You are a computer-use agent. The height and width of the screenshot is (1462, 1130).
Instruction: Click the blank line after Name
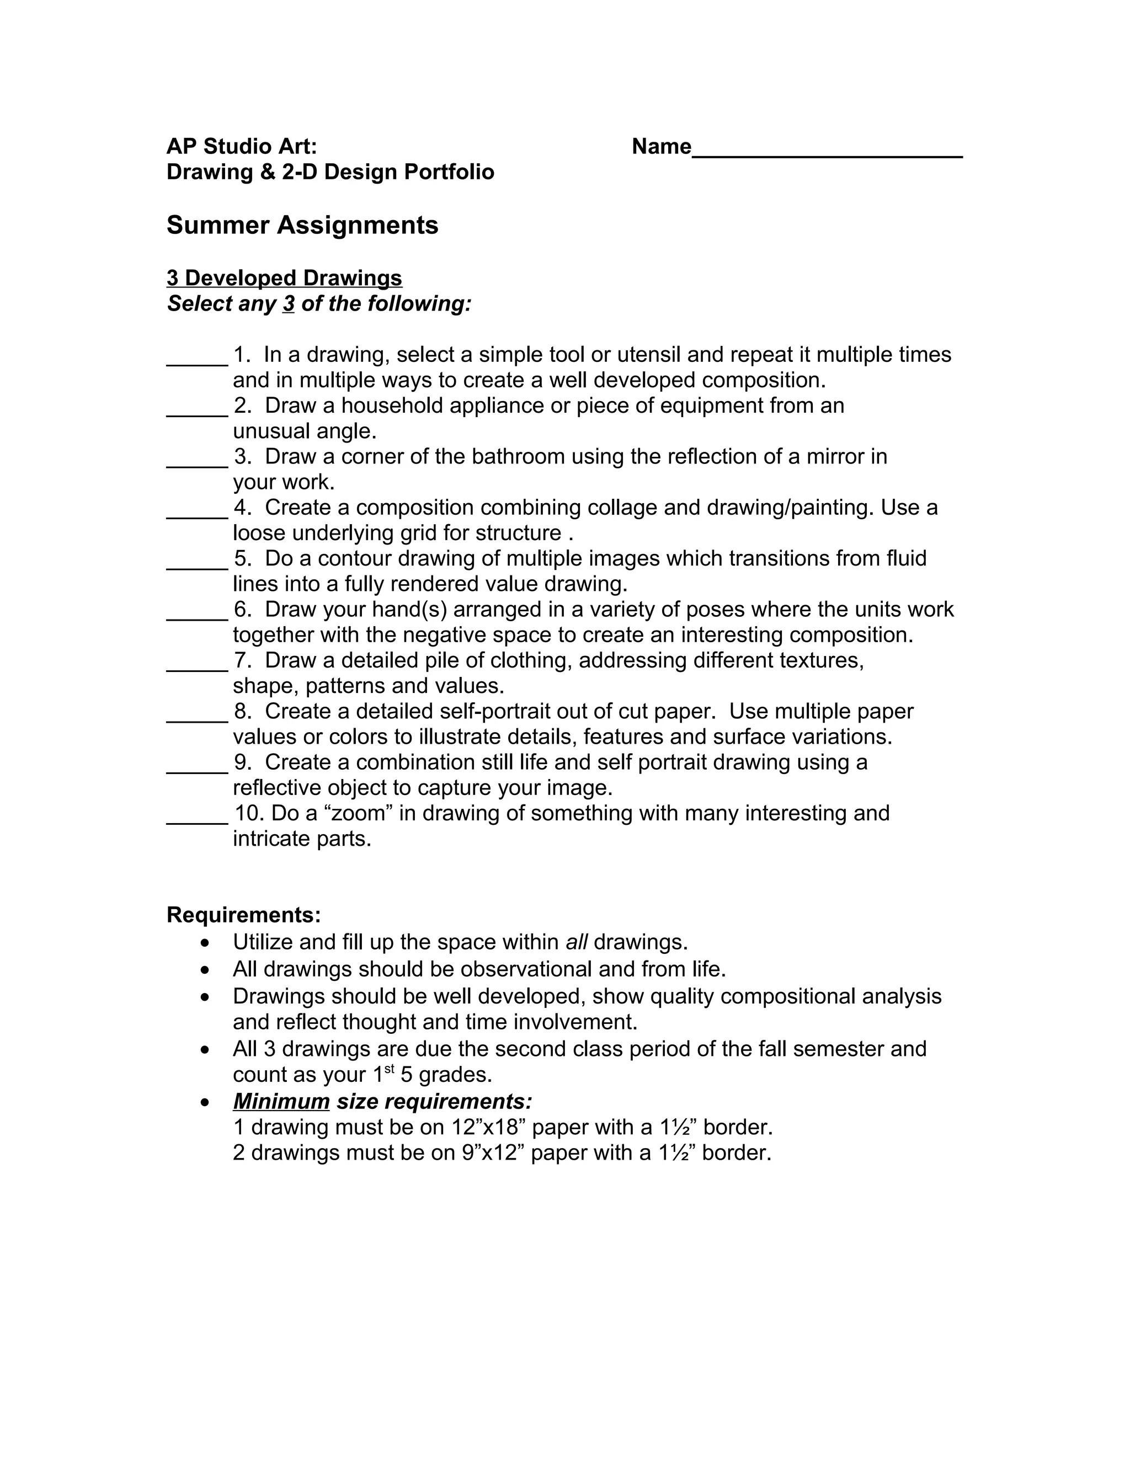(x=827, y=153)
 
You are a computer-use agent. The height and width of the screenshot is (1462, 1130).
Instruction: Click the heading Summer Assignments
(x=302, y=225)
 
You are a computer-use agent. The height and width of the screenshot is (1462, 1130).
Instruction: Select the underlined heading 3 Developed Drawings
(x=285, y=278)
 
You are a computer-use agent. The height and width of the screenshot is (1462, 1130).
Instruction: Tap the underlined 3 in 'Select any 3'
(x=289, y=304)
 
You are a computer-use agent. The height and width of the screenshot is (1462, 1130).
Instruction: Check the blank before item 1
(x=197, y=361)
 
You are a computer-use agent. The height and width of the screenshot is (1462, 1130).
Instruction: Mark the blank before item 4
(x=197, y=514)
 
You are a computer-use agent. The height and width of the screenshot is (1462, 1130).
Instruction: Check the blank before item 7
(x=197, y=667)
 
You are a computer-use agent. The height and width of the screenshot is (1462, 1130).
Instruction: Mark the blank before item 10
(x=197, y=819)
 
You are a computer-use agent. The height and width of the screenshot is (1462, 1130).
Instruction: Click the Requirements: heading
(x=244, y=914)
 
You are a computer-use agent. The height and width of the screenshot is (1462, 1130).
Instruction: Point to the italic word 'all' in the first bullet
(x=577, y=942)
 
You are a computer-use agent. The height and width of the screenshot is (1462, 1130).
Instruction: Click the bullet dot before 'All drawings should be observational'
(x=205, y=970)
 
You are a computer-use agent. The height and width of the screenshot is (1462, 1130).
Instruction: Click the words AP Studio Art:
(x=242, y=146)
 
